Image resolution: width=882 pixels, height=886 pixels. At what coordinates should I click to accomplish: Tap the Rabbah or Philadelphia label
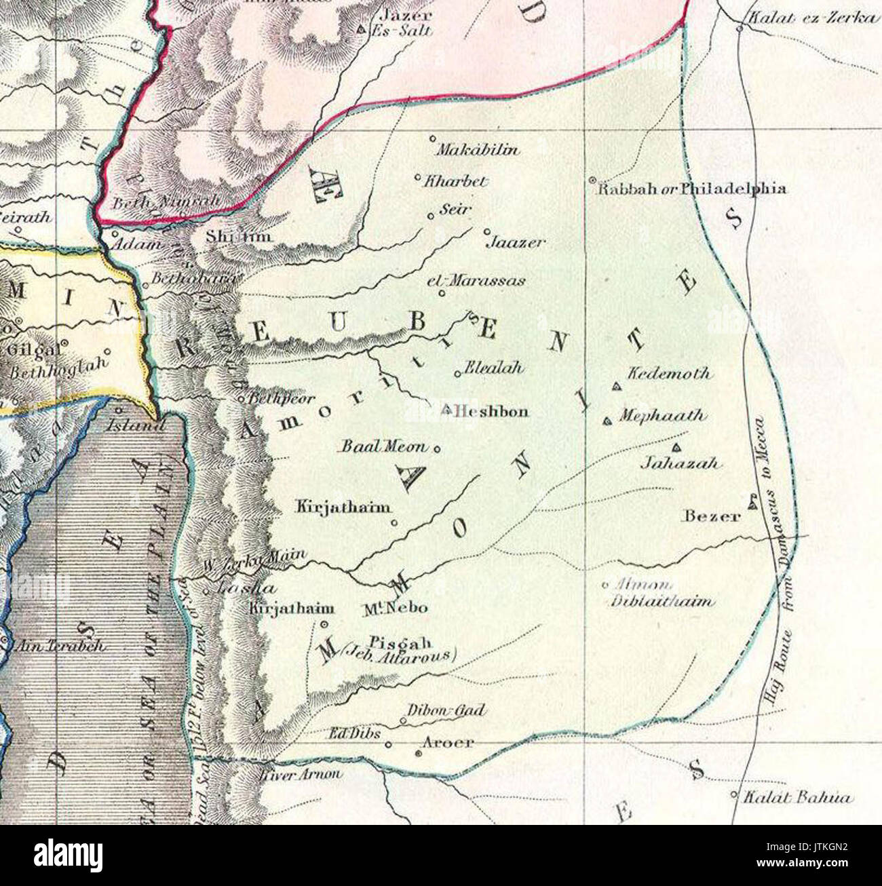pos(691,189)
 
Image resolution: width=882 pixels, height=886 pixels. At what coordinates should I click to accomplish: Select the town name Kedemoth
pos(668,373)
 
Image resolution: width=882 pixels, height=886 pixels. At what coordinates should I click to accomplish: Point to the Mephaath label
pos(661,415)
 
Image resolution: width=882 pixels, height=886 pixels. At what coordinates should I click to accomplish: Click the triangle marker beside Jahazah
pos(676,447)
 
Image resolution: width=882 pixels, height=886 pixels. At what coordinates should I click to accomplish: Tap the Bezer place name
pos(711,516)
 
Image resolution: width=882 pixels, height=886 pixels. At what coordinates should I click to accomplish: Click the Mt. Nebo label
pos(396,608)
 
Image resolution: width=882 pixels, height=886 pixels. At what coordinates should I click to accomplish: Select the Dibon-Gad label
pos(446,710)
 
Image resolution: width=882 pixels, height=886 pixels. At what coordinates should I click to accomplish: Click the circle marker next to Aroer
pos(419,752)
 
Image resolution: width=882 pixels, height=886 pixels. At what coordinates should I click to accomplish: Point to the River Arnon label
pos(300,774)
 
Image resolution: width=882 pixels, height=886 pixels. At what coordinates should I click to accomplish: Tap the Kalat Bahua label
pos(797,798)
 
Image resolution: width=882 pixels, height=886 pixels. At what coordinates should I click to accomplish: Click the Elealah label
pos(494,368)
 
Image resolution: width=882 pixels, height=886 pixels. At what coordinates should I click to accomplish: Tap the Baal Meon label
pos(384,446)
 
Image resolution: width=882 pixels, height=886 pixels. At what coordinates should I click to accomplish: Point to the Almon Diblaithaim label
pos(661,593)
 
